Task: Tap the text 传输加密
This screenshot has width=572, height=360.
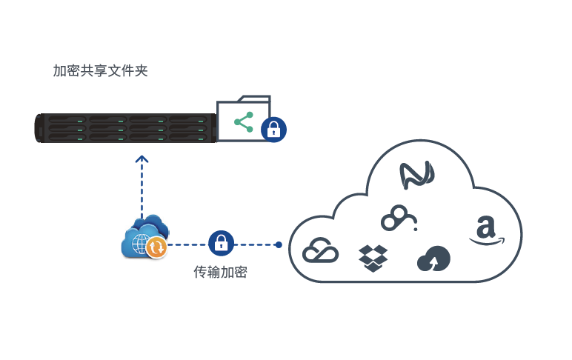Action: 220,273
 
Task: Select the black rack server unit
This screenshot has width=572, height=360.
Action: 126,127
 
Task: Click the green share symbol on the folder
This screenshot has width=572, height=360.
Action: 243,121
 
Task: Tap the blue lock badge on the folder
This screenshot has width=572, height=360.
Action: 273,130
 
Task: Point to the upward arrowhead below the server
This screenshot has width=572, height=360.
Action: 142,159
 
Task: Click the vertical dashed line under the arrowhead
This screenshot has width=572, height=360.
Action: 142,189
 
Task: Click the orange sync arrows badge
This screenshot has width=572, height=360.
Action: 156,247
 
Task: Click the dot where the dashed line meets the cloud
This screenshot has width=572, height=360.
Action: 279,244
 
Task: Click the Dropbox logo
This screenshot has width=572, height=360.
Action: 373,257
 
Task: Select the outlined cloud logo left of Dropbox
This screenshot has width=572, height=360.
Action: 321,251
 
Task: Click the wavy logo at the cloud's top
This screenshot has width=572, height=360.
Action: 416,176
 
